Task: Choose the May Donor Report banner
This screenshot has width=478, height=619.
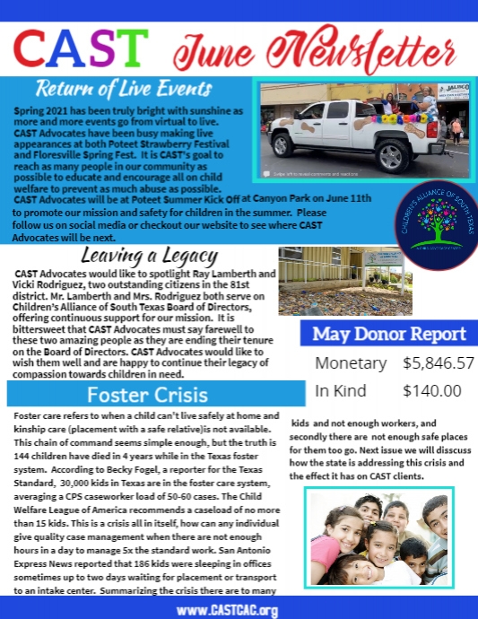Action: tap(388, 335)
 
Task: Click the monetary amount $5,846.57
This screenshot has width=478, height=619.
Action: tap(438, 363)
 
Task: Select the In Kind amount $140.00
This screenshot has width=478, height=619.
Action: tap(431, 390)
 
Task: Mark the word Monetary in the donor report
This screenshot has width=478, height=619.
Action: tap(351, 363)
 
